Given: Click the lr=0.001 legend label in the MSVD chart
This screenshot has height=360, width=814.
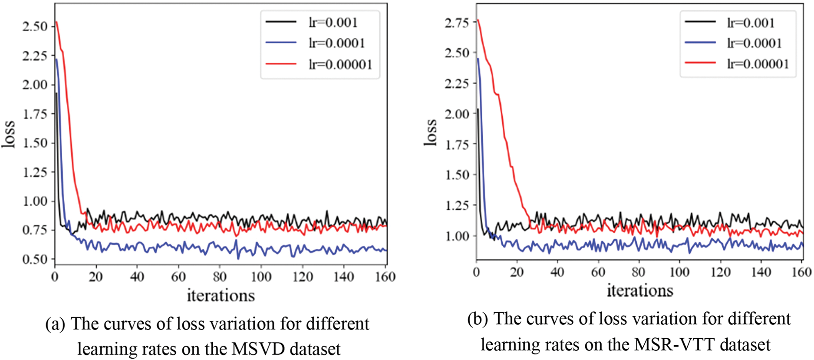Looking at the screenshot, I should [x=333, y=23].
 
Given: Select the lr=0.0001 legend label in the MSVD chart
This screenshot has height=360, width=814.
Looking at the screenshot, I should [x=337, y=43].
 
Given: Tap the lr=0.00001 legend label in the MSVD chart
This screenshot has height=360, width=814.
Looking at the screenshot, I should [x=340, y=65].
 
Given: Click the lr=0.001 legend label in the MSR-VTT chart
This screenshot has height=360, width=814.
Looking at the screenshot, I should [x=751, y=23].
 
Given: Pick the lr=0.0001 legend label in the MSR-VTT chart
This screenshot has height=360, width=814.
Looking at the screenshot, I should [x=755, y=43].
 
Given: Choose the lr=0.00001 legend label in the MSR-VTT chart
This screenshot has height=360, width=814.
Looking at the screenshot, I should [x=758, y=64].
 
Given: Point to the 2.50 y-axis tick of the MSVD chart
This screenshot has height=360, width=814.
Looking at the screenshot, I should [x=35, y=26].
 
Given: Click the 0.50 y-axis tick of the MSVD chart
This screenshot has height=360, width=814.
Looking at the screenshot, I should [x=35, y=259].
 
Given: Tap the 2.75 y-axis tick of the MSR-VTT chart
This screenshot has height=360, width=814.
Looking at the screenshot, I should [x=457, y=23].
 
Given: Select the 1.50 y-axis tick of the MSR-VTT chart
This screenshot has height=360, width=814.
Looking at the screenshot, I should [x=457, y=175].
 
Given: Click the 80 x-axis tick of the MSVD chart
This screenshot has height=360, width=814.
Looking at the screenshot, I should [x=220, y=277].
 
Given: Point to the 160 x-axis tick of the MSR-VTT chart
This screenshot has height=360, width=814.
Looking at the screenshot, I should [x=802, y=272].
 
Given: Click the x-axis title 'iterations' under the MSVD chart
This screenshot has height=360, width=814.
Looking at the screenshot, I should [x=221, y=296].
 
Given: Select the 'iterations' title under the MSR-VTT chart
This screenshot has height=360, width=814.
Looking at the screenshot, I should [x=640, y=290].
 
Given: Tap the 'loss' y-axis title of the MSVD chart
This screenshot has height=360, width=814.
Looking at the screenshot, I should [x=9, y=135].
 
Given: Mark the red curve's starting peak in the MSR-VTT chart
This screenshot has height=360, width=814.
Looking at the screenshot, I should [x=478, y=20].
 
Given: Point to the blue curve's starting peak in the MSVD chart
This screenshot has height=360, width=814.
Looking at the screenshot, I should [x=56, y=59].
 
